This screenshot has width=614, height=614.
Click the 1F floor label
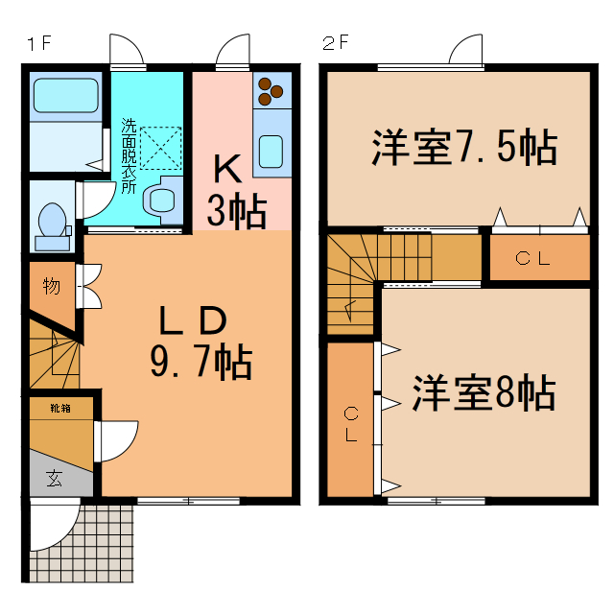[x=38, y=42]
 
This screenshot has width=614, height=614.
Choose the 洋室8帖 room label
[x=484, y=392]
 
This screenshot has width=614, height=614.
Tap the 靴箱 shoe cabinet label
[x=60, y=408]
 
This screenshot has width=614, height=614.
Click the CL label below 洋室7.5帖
[x=532, y=257]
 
